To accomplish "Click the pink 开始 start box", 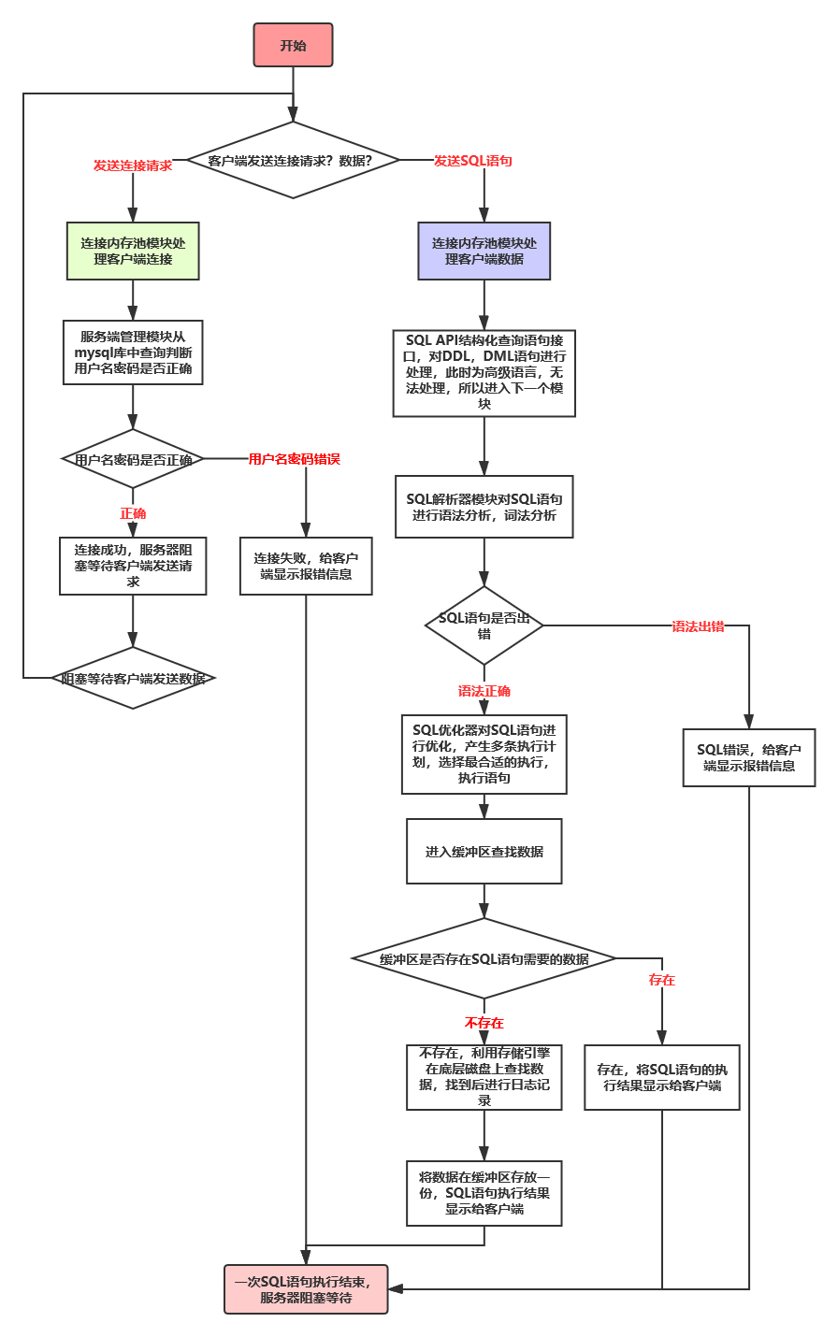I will pyautogui.click(x=293, y=45).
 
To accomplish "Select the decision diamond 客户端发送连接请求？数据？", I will pyautogui.click(x=293, y=160).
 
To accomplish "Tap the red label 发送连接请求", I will pyautogui.click(x=133, y=165).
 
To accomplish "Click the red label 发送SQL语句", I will pyautogui.click(x=473, y=161).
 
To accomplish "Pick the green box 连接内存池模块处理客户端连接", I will pyautogui.click(x=133, y=251).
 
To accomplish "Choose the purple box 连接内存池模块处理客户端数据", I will pyautogui.click(x=484, y=251).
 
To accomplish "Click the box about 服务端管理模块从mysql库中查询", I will pyautogui.click(x=133, y=352).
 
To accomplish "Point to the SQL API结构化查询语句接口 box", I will pyautogui.click(x=484, y=372).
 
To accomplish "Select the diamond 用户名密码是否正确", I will pyautogui.click(x=133, y=459).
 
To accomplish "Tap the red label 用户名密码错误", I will pyautogui.click(x=294, y=459).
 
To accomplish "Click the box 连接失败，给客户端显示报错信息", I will pyautogui.click(x=306, y=566).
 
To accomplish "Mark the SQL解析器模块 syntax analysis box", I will pyautogui.click(x=484, y=508).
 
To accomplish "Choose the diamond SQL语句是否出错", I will pyautogui.click(x=484, y=625).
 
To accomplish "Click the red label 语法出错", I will pyautogui.click(x=698, y=626).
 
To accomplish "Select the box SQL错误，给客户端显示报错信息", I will pyautogui.click(x=749, y=757).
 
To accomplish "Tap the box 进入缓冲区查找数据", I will pyautogui.click(x=484, y=851).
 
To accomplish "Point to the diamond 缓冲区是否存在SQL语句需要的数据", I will pyautogui.click(x=484, y=958).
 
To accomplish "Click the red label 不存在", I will pyautogui.click(x=484, y=1023).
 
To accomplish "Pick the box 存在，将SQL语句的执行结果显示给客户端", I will pyautogui.click(x=662, y=1077).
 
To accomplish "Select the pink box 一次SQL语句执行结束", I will pyautogui.click(x=306, y=1289).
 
